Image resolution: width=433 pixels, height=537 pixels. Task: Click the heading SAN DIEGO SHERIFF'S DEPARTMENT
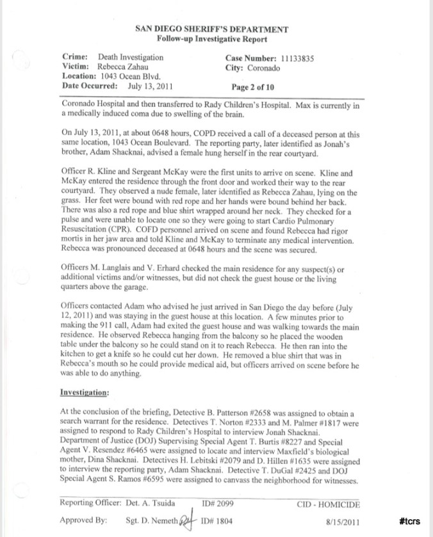211,29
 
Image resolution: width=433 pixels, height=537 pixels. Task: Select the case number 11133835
296,57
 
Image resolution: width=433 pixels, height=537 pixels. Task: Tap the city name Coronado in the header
269,67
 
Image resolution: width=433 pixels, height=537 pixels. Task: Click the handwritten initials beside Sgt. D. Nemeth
188,520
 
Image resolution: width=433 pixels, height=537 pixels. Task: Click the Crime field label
74,57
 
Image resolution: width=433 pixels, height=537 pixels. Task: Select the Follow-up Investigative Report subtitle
211,39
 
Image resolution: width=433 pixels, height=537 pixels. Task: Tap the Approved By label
82,521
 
